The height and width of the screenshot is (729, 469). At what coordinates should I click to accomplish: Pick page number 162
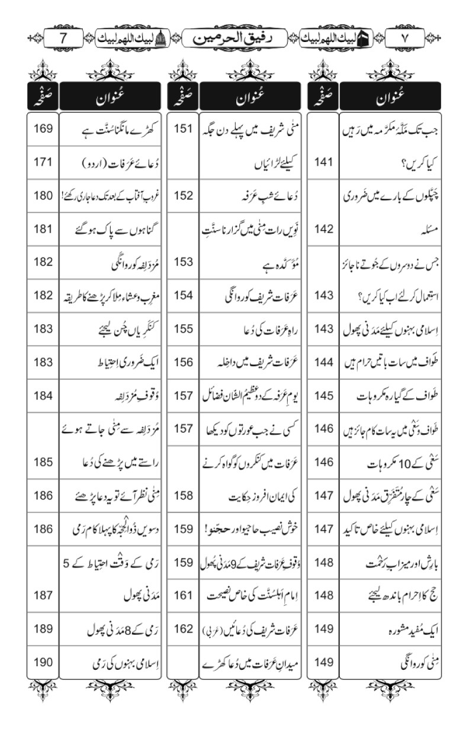[184, 629]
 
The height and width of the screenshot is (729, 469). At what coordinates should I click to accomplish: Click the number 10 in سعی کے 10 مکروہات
[397, 462]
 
